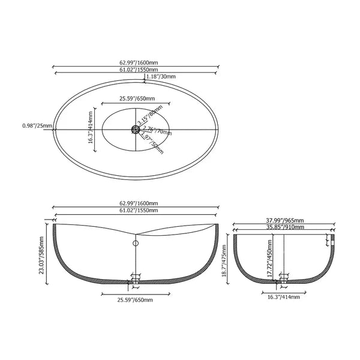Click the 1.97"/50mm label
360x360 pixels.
pyautogui.click(x=154, y=143)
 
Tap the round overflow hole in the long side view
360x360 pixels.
pyautogui.click(x=136, y=244)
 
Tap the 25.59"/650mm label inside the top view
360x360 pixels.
pyautogui.click(x=136, y=98)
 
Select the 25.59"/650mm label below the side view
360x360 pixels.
pyautogui.click(x=136, y=299)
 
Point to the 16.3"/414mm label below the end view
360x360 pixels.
pyautogui.click(x=281, y=296)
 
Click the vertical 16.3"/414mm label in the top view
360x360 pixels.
pyautogui.click(x=91, y=126)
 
